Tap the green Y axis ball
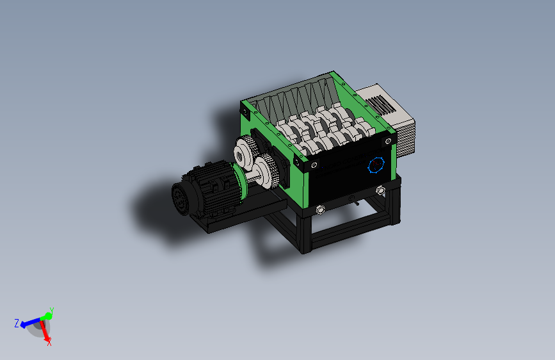(47, 316)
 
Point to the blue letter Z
(17, 323)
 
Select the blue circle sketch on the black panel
(376, 165)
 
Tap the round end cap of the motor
(180, 199)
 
